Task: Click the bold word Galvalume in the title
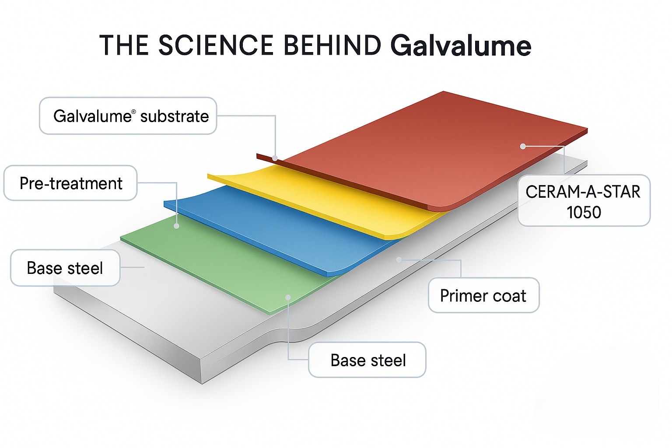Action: pos(461,46)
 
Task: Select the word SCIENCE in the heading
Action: pos(216,45)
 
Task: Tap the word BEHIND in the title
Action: pos(332,45)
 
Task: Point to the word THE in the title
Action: pos(124,45)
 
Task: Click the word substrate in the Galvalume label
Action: pos(174,116)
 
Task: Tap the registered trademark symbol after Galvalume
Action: pos(133,112)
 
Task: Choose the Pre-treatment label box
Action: pos(70,183)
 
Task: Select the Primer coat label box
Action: pos(483,295)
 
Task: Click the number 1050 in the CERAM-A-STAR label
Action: pos(584,212)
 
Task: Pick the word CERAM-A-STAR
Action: pos(583,192)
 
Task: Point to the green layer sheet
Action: pos(228,267)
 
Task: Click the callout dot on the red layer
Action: pos(523,147)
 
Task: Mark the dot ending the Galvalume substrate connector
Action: pos(275,158)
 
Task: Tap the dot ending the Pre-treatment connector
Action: pos(177,226)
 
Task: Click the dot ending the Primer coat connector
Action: pos(399,259)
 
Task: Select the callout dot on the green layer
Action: pos(288,297)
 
